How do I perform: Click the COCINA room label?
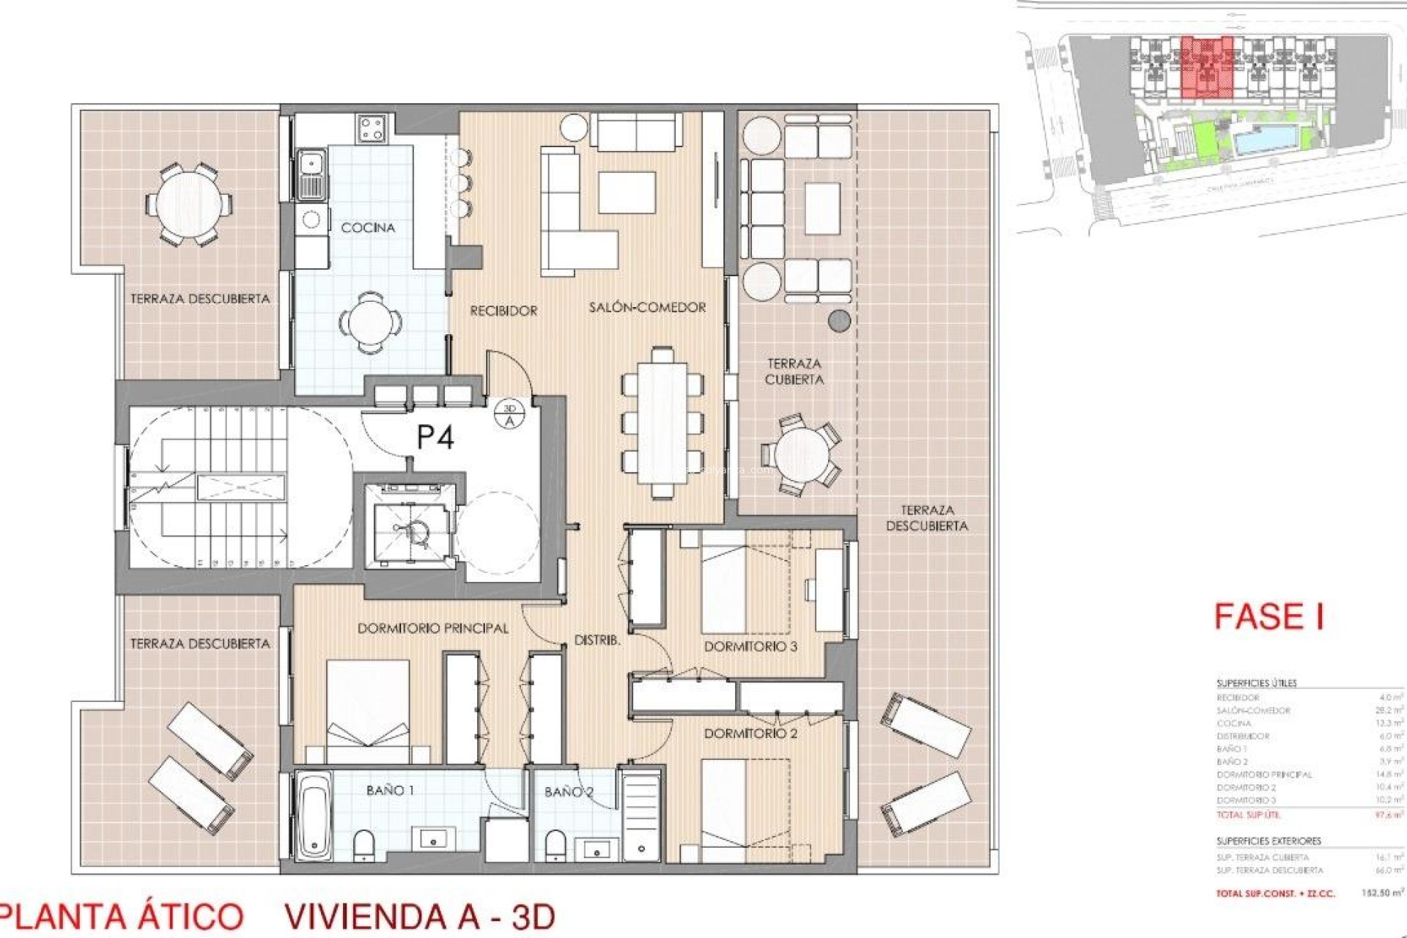pos(368,228)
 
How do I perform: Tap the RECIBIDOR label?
pos(503,311)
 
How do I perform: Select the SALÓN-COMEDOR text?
pos(647,308)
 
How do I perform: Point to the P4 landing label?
pos(435,437)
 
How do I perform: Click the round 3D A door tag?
pos(510,414)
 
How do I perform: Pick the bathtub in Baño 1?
pos(313,813)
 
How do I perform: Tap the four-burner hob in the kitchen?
pos(372,130)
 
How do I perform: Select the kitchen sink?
pos(311,174)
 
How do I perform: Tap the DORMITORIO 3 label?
pos(750,646)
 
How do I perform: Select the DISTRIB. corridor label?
pos(597,640)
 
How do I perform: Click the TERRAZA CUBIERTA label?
pos(794,372)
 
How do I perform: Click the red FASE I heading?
pos(1268,616)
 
